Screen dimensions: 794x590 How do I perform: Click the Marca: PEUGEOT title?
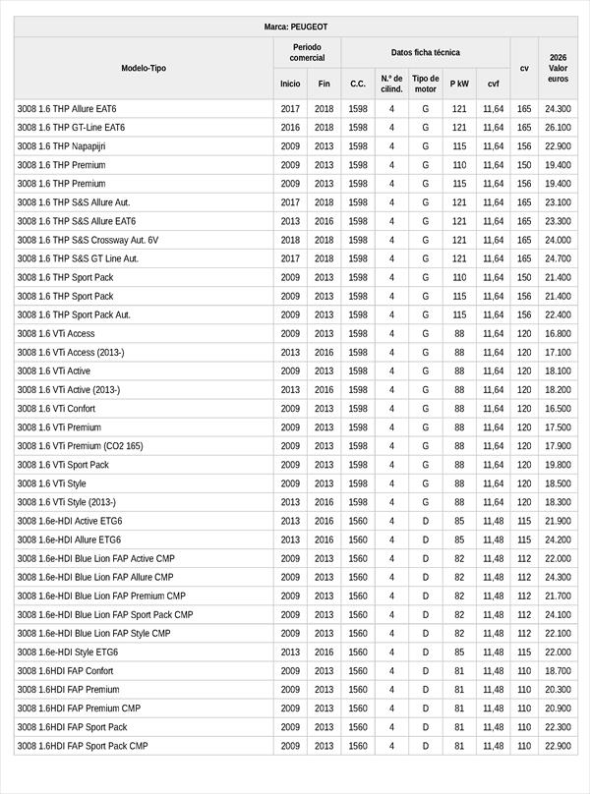[x=296, y=27]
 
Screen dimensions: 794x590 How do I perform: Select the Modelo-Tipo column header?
[x=144, y=68]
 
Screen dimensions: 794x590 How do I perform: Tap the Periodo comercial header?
[x=307, y=52]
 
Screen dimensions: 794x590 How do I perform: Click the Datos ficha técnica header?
[x=425, y=52]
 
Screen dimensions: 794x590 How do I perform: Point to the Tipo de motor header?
[x=425, y=84]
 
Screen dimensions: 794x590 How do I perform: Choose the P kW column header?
[x=459, y=84]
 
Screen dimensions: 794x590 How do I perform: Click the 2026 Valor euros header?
[x=558, y=68]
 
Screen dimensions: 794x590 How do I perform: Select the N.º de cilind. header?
[x=391, y=84]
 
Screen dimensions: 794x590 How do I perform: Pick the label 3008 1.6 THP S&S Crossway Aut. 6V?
[x=88, y=240]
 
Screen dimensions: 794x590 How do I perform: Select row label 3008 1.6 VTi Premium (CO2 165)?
[x=80, y=446]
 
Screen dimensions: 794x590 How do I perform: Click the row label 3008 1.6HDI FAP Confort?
[x=65, y=671]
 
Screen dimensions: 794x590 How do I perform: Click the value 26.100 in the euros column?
[x=558, y=128]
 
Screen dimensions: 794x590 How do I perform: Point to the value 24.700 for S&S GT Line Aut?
[x=558, y=258]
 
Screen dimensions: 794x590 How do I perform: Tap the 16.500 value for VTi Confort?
[x=558, y=409]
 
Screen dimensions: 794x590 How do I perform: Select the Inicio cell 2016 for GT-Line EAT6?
[x=290, y=128]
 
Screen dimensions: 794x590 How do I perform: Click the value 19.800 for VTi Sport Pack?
[x=558, y=465]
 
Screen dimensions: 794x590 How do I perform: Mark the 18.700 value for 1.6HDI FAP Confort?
[x=558, y=671]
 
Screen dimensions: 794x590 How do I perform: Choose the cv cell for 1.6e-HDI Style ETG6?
[x=524, y=652]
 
